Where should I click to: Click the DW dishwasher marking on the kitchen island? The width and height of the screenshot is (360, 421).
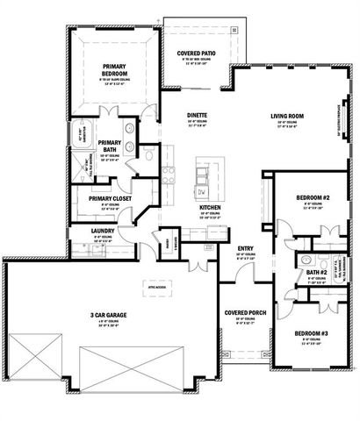tap(201, 191)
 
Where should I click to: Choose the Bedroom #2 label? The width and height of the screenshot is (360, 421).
tap(312, 198)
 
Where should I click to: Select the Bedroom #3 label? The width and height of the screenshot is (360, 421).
tap(312, 335)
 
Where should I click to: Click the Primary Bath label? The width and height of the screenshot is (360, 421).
tap(110, 146)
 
